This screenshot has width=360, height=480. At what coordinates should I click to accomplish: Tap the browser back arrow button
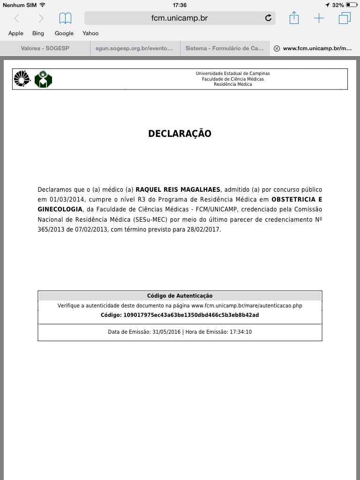[16, 18]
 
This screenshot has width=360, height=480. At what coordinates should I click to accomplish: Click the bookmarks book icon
[65, 18]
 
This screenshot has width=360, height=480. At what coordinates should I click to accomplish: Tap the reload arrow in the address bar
[268, 18]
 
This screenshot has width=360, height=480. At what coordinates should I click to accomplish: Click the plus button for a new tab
[319, 18]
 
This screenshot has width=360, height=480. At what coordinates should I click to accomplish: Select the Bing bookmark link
[38, 33]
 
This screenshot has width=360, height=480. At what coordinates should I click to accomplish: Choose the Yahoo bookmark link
[90, 33]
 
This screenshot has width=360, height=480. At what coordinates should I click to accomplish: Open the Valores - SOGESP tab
[45, 48]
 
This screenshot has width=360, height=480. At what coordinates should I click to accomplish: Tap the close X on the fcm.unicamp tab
[277, 48]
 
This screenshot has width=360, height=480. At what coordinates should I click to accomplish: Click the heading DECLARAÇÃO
[180, 134]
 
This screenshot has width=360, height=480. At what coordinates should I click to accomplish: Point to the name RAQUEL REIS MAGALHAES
[178, 190]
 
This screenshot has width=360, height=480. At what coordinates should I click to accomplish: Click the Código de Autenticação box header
[180, 296]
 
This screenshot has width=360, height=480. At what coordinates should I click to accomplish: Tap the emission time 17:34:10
[240, 332]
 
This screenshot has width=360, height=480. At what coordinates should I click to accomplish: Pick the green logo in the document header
[44, 79]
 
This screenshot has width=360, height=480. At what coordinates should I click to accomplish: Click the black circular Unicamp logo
[22, 79]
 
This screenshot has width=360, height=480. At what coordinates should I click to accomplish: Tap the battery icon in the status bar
[352, 5]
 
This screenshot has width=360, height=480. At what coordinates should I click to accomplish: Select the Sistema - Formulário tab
[225, 48]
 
